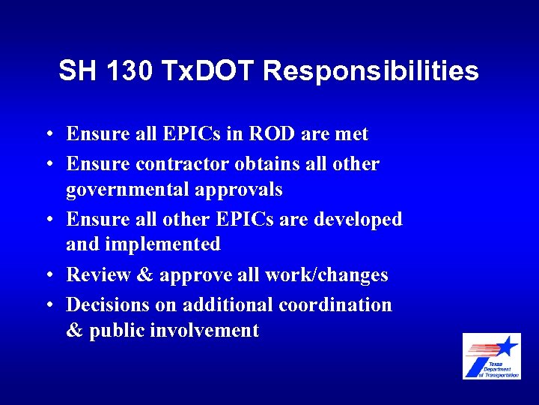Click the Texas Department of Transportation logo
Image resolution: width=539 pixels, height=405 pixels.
(491, 356)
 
